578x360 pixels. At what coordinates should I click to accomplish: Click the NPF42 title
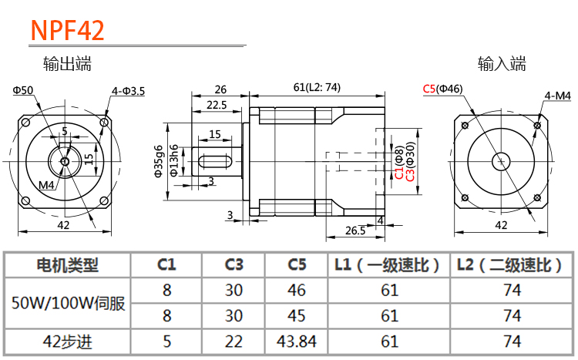[x=67, y=29]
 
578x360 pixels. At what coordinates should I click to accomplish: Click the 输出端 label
[x=68, y=65]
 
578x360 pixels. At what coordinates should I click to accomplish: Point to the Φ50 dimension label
[x=23, y=91]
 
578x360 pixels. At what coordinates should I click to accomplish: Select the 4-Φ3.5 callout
[x=128, y=91]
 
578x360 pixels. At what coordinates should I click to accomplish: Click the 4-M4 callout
[x=557, y=96]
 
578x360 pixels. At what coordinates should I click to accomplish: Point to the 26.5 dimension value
[x=355, y=230]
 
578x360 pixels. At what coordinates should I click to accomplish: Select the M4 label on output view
[x=47, y=185]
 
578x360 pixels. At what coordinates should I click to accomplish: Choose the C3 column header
[x=234, y=266]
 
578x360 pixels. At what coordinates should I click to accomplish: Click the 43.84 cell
[x=297, y=341]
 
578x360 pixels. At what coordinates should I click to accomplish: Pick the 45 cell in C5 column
[x=297, y=315]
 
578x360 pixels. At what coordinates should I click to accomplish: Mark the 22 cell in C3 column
[x=234, y=341]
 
